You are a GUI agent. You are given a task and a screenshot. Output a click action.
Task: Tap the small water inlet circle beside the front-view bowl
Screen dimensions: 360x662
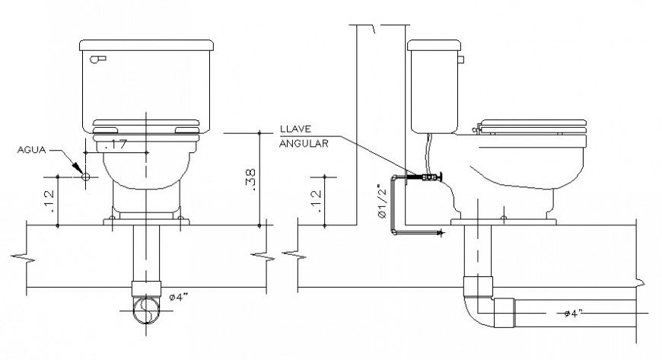pyautogui.click(x=85, y=177)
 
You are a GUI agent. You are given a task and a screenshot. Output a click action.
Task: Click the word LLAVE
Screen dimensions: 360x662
pyautogui.click(x=295, y=129)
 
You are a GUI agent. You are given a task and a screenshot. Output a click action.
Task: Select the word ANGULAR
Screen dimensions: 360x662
pyautogui.click(x=304, y=144)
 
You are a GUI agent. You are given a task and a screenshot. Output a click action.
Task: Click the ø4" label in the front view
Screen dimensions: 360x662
pyautogui.click(x=179, y=297)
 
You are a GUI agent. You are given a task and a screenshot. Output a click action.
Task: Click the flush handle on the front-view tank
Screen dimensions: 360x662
pyautogui.click(x=97, y=59)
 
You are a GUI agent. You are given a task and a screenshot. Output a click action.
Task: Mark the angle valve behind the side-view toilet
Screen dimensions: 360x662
pyautogui.click(x=425, y=177)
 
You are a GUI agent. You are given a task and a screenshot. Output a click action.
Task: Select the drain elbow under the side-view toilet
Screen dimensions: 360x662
pyautogui.click(x=479, y=308)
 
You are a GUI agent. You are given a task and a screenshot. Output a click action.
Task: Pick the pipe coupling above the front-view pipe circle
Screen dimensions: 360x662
pyautogui.click(x=146, y=288)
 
